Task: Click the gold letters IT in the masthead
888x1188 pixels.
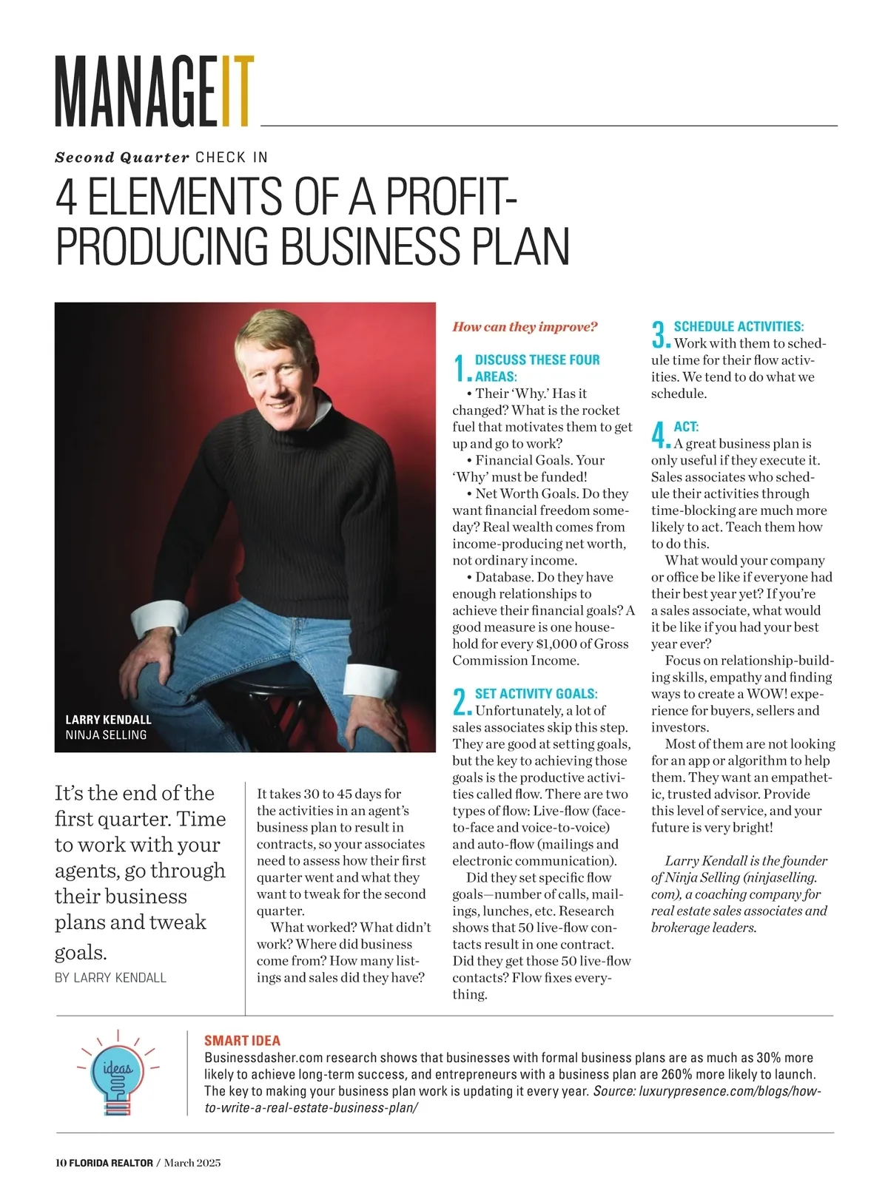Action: pyautogui.click(x=237, y=90)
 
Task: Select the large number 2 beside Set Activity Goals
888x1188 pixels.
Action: pyautogui.click(x=461, y=702)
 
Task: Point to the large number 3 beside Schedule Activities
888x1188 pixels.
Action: pyautogui.click(x=660, y=335)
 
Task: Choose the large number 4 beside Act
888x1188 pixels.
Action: pyautogui.click(x=660, y=435)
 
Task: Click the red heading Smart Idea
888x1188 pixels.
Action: pyautogui.click(x=242, y=1041)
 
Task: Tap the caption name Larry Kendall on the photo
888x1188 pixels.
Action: pyautogui.click(x=108, y=719)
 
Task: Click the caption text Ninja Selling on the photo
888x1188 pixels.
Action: pyautogui.click(x=106, y=735)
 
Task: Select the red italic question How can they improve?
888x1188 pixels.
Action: pyautogui.click(x=525, y=327)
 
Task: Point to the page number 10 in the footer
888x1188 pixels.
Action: pyautogui.click(x=61, y=1162)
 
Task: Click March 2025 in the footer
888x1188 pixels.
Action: pyautogui.click(x=192, y=1162)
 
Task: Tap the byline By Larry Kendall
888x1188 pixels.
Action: pyautogui.click(x=110, y=977)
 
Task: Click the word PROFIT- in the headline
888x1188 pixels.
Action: pyautogui.click(x=451, y=196)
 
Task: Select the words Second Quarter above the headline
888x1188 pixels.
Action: pyautogui.click(x=122, y=157)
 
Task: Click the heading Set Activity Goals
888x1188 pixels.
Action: pyautogui.click(x=536, y=694)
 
